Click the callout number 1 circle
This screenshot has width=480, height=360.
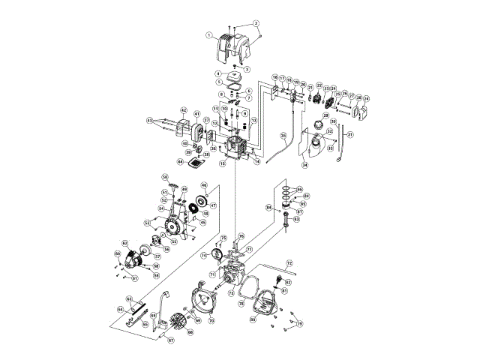pos(209,34)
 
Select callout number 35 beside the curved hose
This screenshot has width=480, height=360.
pos(283,135)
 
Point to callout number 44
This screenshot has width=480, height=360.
pos(181,161)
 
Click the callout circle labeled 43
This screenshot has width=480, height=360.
pos(149,120)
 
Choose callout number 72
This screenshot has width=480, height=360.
pos(289,263)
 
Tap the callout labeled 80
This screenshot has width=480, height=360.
pos(253,320)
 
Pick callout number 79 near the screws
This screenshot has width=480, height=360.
pos(300,324)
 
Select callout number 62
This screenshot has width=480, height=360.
pos(126,243)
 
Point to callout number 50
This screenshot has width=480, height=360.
pos(165,177)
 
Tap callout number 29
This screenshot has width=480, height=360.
pos(326,115)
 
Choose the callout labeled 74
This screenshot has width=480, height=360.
pos(203,255)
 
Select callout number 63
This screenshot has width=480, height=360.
pos(129,298)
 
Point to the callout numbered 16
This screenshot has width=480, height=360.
pos(275,77)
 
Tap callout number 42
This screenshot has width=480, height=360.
pos(184,111)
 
